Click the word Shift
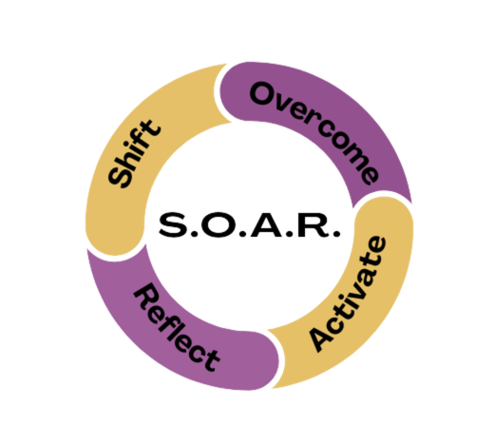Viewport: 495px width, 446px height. tap(134, 154)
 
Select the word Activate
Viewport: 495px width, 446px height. tap(348, 294)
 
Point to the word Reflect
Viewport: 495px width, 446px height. tap(177, 327)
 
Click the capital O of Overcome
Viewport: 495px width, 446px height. tap(263, 93)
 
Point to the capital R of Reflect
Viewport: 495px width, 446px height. tap(146, 297)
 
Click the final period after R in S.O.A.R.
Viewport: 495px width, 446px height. tap(336, 234)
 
